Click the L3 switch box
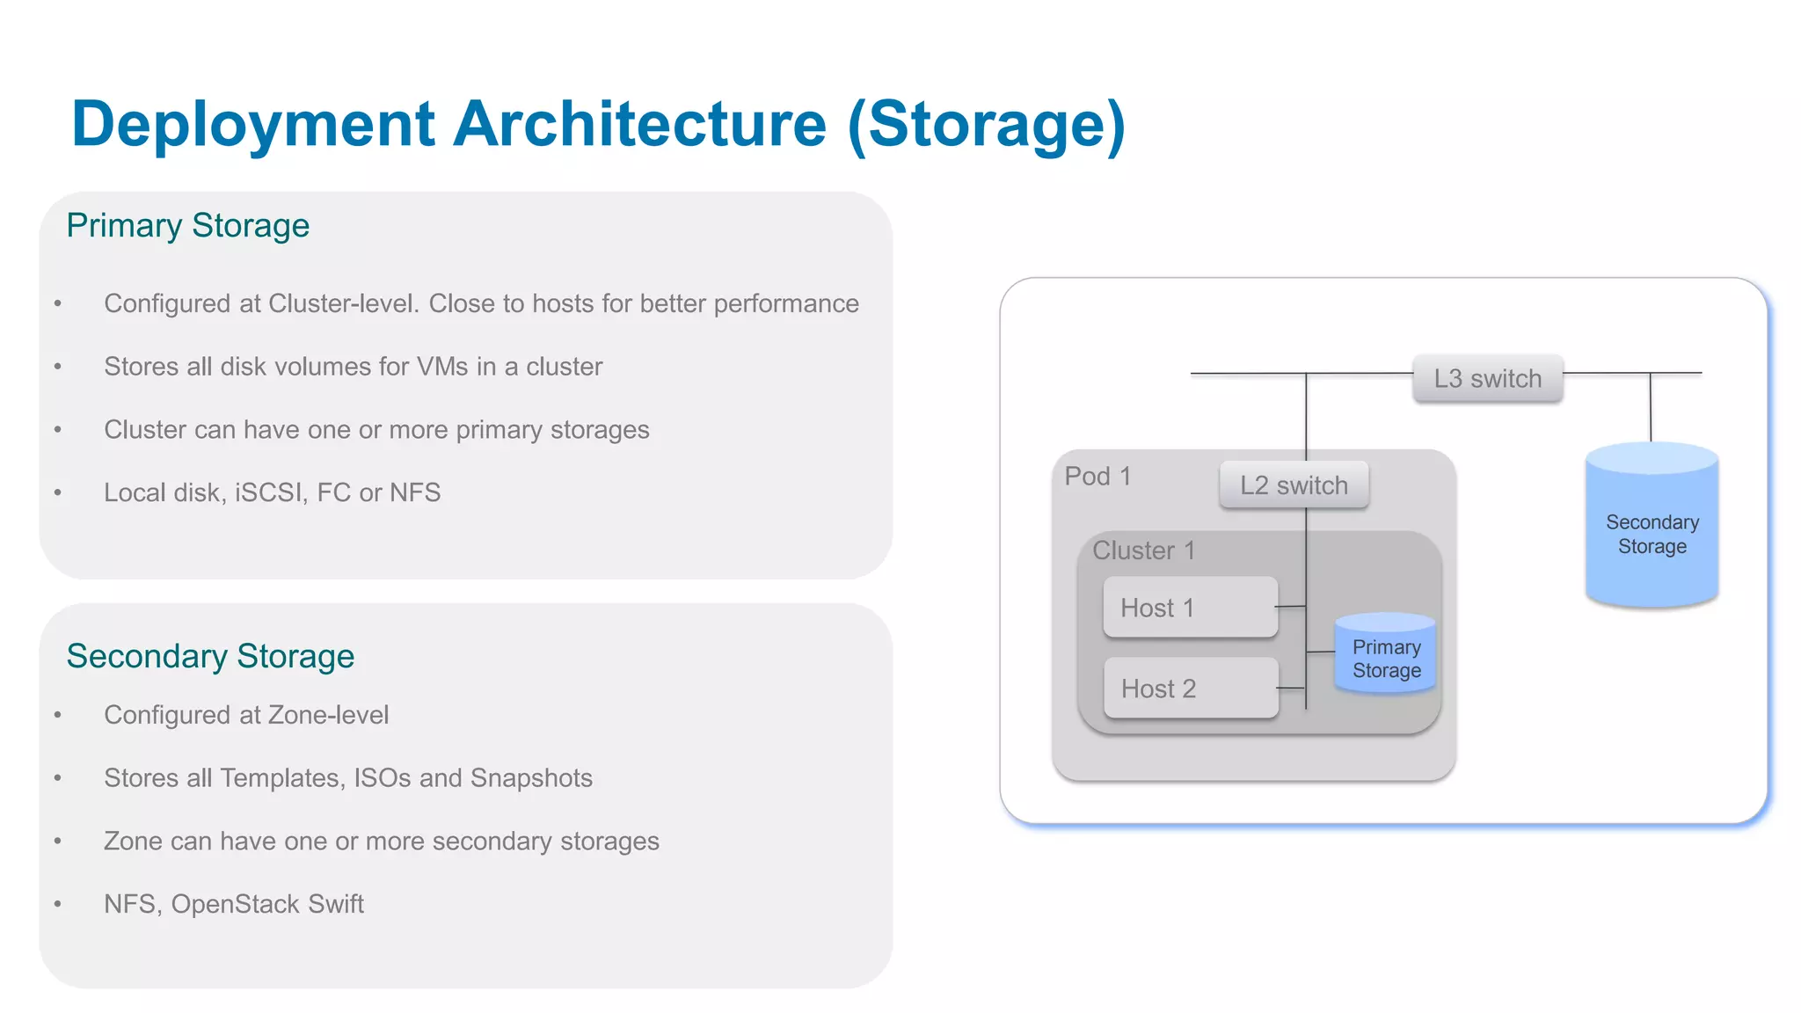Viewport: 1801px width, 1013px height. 1487,379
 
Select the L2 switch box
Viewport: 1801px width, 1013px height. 1294,485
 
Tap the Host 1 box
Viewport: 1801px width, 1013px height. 1190,608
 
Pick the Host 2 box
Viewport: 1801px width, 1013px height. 1191,689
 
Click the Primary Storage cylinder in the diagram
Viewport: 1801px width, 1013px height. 1386,655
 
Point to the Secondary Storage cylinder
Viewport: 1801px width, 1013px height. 1652,528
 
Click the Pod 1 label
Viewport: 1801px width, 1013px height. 1097,477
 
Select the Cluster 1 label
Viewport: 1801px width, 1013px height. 1143,550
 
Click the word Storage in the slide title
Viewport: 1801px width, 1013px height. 987,124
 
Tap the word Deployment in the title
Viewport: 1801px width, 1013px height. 253,124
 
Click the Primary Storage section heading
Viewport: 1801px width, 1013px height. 188,226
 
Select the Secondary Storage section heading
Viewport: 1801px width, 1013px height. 210,656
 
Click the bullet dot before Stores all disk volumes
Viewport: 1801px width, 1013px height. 58,367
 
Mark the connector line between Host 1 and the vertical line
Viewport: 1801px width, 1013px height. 1291,607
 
